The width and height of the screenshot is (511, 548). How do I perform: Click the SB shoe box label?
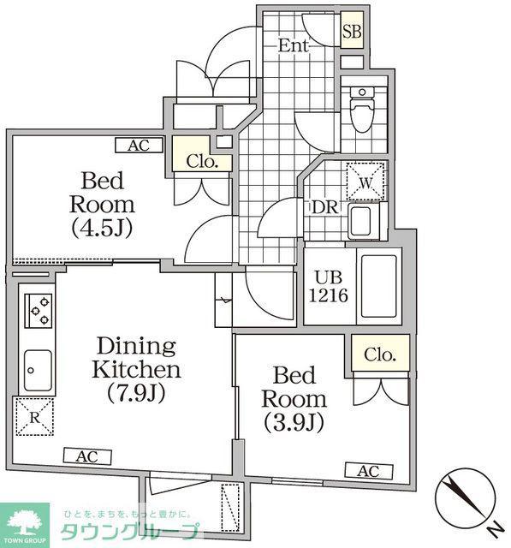pyautogui.click(x=352, y=32)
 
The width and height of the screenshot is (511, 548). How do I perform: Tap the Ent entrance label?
pyautogui.click(x=294, y=45)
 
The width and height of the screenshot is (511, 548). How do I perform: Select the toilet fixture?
pyautogui.click(x=362, y=110)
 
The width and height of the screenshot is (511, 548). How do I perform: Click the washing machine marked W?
pyautogui.click(x=365, y=182)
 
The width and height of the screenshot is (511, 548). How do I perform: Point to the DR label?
pyautogui.click(x=325, y=207)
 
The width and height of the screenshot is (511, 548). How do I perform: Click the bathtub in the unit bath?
pyautogui.click(x=379, y=286)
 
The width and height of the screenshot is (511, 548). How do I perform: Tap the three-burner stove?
pyautogui.click(x=39, y=310)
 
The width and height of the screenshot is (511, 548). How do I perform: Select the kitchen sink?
pyautogui.click(x=38, y=371)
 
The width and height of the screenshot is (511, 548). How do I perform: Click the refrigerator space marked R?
pyautogui.click(x=34, y=417)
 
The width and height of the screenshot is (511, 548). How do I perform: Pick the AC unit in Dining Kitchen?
pyautogui.click(x=87, y=456)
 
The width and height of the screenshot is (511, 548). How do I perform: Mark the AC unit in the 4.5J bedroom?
pyautogui.click(x=139, y=145)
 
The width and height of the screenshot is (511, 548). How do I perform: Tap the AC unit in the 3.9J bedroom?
pyautogui.click(x=369, y=471)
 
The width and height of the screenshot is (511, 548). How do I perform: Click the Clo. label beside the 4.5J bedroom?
pyautogui.click(x=202, y=162)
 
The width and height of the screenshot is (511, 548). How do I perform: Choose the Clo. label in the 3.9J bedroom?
pyautogui.click(x=380, y=354)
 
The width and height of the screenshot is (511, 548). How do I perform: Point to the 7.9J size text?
pyautogui.click(x=136, y=392)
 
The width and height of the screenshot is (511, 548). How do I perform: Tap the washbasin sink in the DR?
pyautogui.click(x=360, y=221)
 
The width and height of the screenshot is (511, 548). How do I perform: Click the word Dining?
pyautogui.click(x=136, y=347)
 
